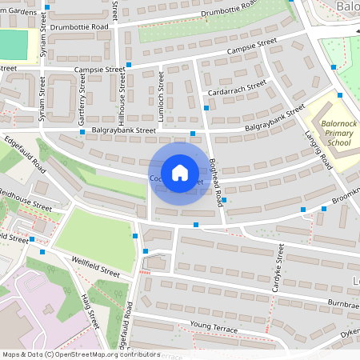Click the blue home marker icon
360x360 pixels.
click(x=179, y=173)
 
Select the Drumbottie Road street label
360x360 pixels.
click(x=78, y=27)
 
